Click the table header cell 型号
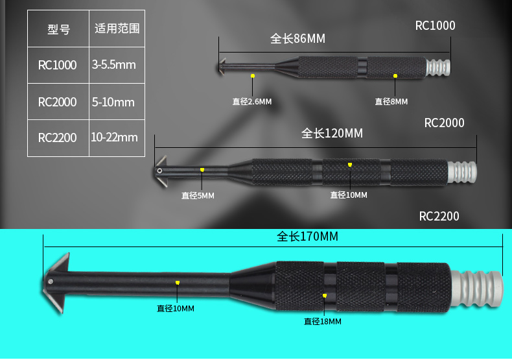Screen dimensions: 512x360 [x=58, y=29]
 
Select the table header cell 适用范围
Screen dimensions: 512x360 [x=117, y=29]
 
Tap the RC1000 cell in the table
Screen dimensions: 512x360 [x=58, y=65]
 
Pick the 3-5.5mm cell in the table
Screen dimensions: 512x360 [x=114, y=65]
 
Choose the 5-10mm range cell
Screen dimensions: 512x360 [x=113, y=102]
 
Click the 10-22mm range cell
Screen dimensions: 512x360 [x=115, y=138]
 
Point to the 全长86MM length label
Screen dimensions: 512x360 [x=297, y=39]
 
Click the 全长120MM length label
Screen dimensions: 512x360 [x=332, y=134]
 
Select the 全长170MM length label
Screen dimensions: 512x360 [x=308, y=237]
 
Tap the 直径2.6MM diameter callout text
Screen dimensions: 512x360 [x=252, y=101]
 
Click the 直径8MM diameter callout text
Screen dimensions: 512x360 [x=391, y=101]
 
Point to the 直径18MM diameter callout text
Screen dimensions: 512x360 [x=322, y=321]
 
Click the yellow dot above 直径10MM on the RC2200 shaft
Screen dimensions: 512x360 [x=177, y=283]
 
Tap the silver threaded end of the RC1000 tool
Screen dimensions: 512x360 [x=439, y=67]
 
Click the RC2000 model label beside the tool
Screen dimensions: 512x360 [x=444, y=123]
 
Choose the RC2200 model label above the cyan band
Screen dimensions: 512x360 [x=439, y=216]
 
